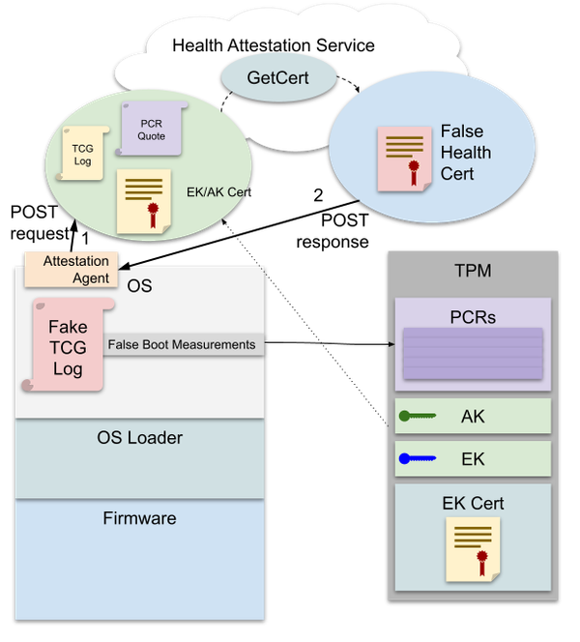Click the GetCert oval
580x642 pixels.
[277, 77]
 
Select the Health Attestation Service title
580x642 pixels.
[274, 45]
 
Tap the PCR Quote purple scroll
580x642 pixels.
[150, 130]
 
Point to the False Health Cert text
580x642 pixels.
[466, 153]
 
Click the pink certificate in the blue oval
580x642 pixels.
[403, 157]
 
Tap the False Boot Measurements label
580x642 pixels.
[182, 344]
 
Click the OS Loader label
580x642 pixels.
[140, 438]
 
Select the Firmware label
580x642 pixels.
[140, 518]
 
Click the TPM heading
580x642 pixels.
[473, 271]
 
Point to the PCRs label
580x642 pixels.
[473, 316]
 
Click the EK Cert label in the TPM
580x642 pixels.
[473, 503]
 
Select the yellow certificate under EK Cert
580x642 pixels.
[473, 548]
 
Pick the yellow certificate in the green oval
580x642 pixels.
[142, 201]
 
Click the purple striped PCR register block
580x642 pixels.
[473, 354]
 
